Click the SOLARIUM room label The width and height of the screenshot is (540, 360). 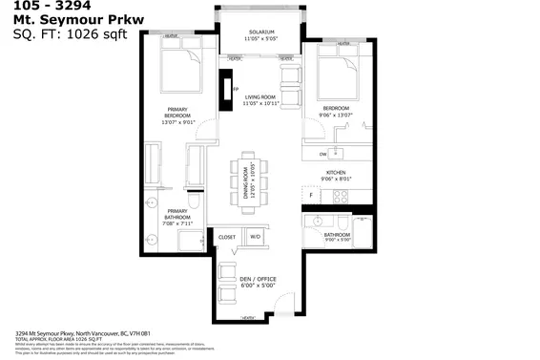tap(259, 35)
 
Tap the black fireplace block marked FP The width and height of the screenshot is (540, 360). tap(226, 92)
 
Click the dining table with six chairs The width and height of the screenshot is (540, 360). tap(249, 179)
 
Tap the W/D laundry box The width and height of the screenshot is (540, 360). tap(256, 236)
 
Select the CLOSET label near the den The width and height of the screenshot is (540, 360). tap(227, 236)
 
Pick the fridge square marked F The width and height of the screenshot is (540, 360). tap(310, 195)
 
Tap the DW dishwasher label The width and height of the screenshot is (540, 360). tap(323, 153)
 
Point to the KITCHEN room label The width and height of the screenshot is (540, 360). tap(341, 174)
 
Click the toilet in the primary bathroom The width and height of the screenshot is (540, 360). tap(192, 204)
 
